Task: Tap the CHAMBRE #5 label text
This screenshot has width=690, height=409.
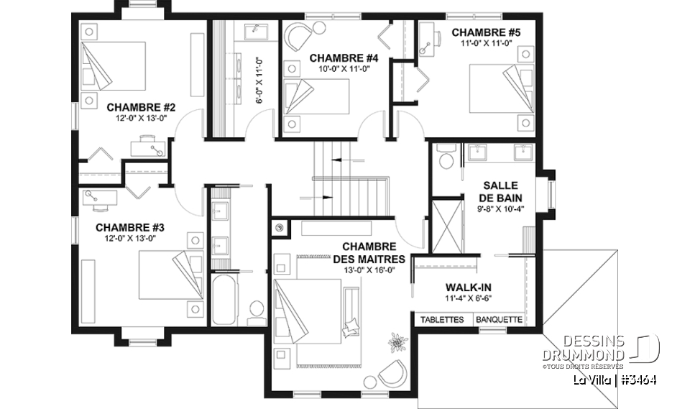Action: click(x=485, y=32)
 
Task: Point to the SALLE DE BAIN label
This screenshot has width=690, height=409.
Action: click(x=501, y=191)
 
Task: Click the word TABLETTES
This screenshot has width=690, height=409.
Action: click(x=442, y=320)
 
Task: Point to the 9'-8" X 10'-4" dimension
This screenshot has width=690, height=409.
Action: click(x=501, y=209)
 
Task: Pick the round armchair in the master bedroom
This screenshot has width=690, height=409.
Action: click(x=391, y=372)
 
